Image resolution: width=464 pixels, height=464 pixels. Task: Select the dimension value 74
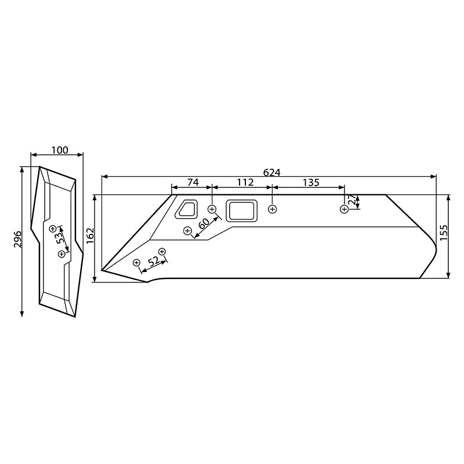click(x=192, y=182)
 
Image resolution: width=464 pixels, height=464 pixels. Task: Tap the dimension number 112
click(x=245, y=182)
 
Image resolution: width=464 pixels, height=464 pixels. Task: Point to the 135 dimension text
click(x=311, y=182)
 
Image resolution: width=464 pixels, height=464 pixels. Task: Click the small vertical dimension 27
click(x=352, y=201)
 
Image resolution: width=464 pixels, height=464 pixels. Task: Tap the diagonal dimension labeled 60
click(x=204, y=223)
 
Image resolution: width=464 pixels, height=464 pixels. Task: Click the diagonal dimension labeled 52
click(x=153, y=261)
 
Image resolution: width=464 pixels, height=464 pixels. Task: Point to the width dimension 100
click(x=59, y=150)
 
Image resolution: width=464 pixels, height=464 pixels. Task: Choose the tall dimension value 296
click(x=17, y=240)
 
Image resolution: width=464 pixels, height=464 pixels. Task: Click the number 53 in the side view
click(x=60, y=239)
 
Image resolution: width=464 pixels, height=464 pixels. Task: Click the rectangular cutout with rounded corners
click(x=241, y=210)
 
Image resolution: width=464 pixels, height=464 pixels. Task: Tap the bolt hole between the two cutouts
click(x=212, y=208)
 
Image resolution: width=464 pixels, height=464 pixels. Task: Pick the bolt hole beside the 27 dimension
click(x=344, y=209)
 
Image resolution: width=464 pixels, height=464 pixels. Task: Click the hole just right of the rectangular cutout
click(x=273, y=209)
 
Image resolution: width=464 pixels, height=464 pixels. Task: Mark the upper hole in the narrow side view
click(x=53, y=228)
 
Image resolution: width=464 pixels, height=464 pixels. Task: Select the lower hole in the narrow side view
click(x=61, y=254)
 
